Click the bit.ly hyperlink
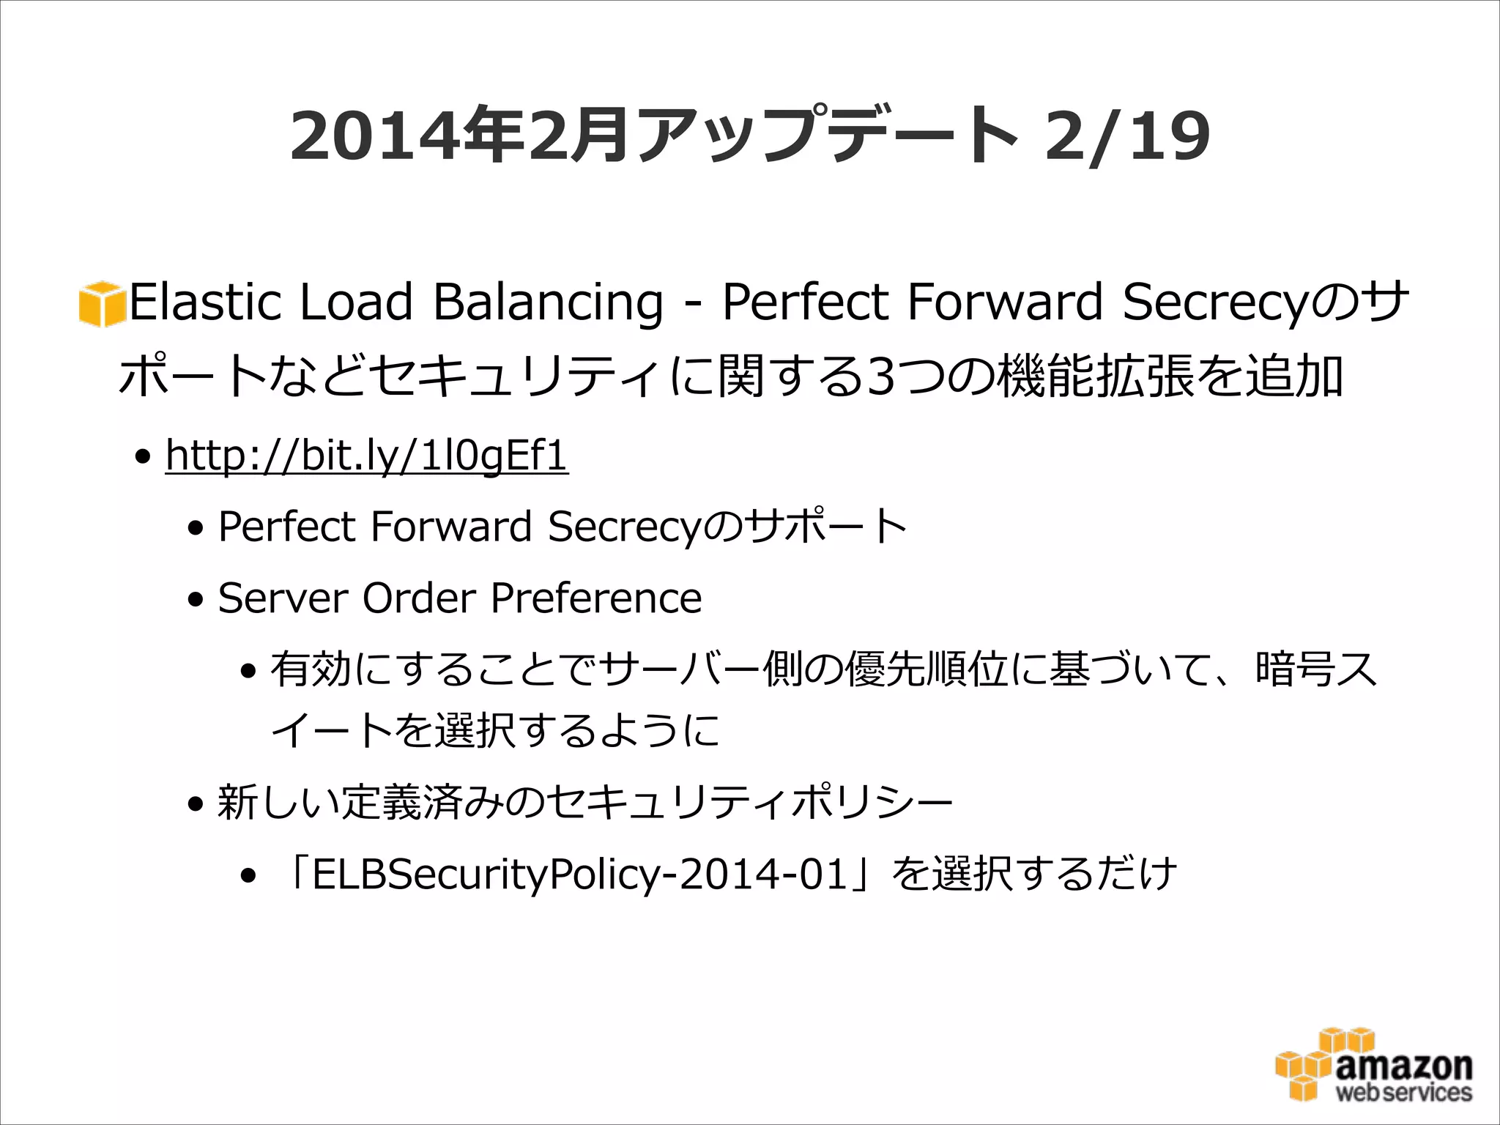point(366,456)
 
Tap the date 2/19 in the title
point(1127,136)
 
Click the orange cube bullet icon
point(100,303)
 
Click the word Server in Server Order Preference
point(281,598)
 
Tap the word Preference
point(596,598)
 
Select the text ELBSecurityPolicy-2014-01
point(579,875)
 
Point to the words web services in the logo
point(1403,1093)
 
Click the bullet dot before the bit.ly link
point(143,458)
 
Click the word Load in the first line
point(357,302)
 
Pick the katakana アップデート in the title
point(828,136)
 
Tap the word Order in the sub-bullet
point(420,598)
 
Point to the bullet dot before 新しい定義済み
point(196,805)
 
